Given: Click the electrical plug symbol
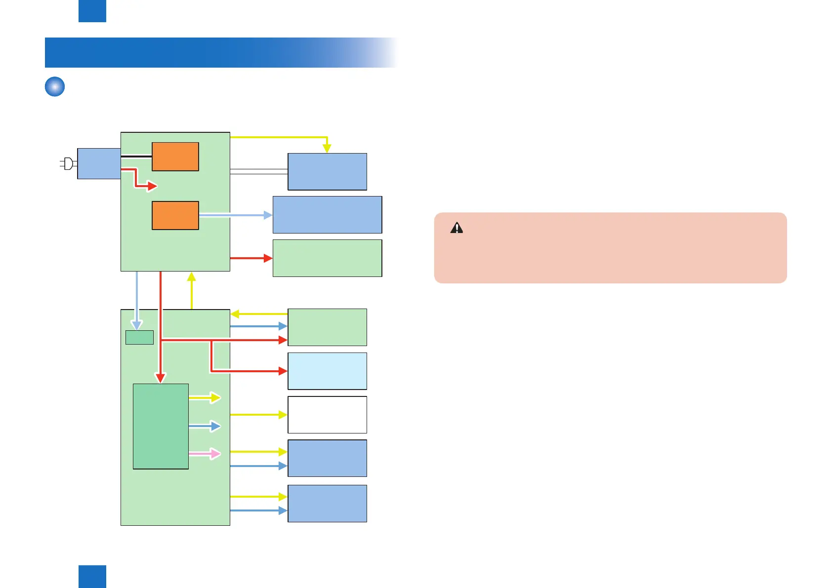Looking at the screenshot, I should point(68,163).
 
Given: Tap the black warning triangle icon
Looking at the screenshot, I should point(457,228).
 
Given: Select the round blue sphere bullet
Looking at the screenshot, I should point(55,86).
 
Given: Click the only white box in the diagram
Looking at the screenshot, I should point(327,415).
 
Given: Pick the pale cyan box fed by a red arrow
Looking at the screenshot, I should point(327,371).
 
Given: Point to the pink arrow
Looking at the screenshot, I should point(205,454).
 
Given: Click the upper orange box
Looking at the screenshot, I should point(175,157).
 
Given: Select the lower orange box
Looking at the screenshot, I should point(175,215).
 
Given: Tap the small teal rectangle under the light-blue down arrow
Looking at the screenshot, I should point(139,337).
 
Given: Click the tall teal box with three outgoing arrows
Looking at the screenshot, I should point(161,426).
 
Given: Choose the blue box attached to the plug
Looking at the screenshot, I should point(99,163).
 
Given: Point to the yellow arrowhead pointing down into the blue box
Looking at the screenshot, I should point(327,148).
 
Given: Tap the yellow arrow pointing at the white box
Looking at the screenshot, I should point(258,415).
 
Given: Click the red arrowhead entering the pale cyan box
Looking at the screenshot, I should point(283,371).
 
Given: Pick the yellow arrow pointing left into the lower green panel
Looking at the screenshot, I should point(258,314).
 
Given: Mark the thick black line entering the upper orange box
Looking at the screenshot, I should point(136,157).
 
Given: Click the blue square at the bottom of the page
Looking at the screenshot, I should point(92,577).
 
